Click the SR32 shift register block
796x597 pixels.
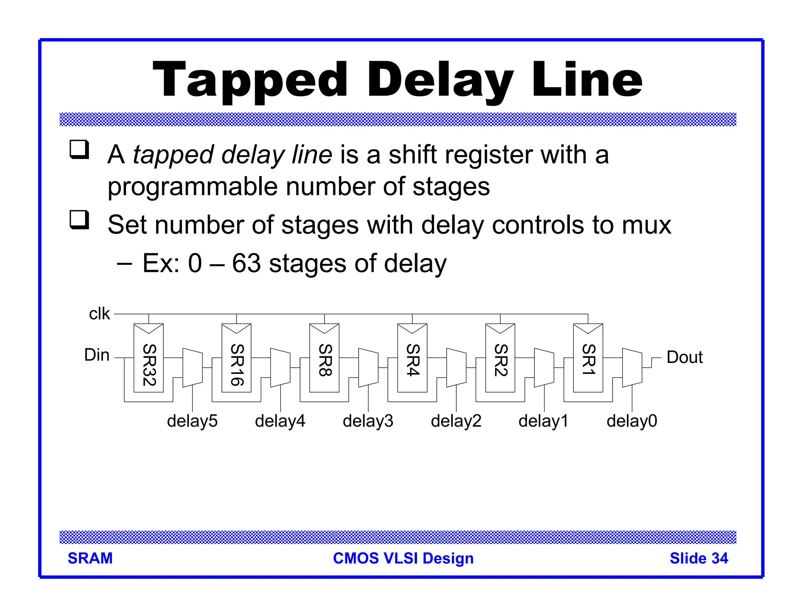(x=148, y=358)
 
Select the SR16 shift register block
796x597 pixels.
(x=236, y=358)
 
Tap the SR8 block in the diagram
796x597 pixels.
(x=324, y=358)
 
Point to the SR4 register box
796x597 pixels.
(x=412, y=358)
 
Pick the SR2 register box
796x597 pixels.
(x=500, y=358)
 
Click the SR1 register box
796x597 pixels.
(x=588, y=358)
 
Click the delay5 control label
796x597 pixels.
(x=192, y=421)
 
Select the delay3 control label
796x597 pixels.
(x=368, y=421)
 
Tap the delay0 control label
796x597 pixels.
(x=632, y=421)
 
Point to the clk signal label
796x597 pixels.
(x=99, y=314)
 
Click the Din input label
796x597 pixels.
(x=97, y=355)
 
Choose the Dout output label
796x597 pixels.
(x=684, y=357)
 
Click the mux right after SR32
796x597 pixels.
(x=192, y=368)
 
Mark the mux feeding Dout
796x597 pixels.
(x=632, y=368)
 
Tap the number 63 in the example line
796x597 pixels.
(x=246, y=263)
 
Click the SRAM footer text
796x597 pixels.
(x=90, y=558)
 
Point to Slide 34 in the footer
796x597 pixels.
(x=698, y=558)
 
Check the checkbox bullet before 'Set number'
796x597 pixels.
(x=79, y=220)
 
